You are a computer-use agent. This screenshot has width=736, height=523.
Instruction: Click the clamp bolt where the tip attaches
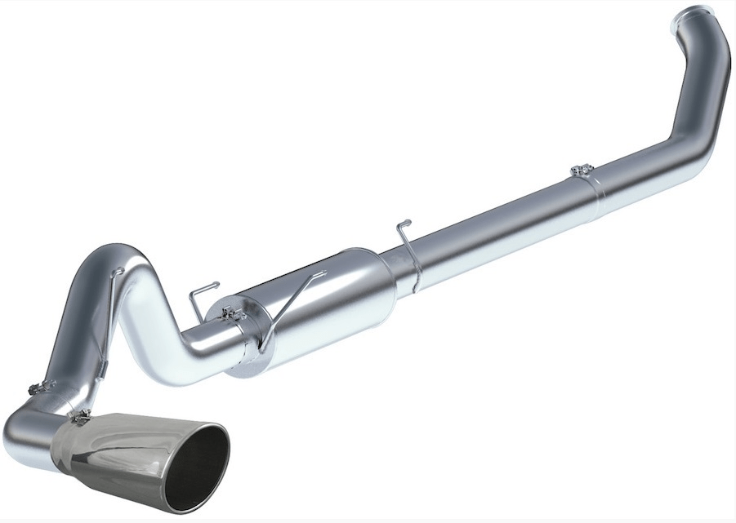(x=80, y=418)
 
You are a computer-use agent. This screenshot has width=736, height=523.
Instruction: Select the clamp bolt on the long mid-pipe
(x=581, y=171)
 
